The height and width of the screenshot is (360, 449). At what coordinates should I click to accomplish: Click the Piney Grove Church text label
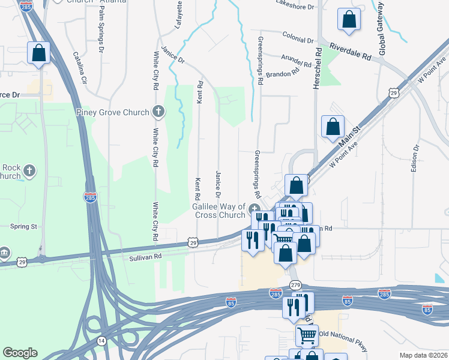pos(113,112)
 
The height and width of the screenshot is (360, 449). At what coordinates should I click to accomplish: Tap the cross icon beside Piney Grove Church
pos(158,111)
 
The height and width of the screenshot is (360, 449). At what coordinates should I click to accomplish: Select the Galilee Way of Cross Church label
pos(218,211)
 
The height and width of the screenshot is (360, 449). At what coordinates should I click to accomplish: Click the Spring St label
pos(24,227)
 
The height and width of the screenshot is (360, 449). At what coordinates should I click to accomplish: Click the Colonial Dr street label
pos(298,38)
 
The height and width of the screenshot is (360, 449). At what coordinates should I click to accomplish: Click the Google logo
pos(20,353)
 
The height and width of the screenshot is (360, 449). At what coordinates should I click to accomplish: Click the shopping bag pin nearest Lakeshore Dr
pos(348,20)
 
